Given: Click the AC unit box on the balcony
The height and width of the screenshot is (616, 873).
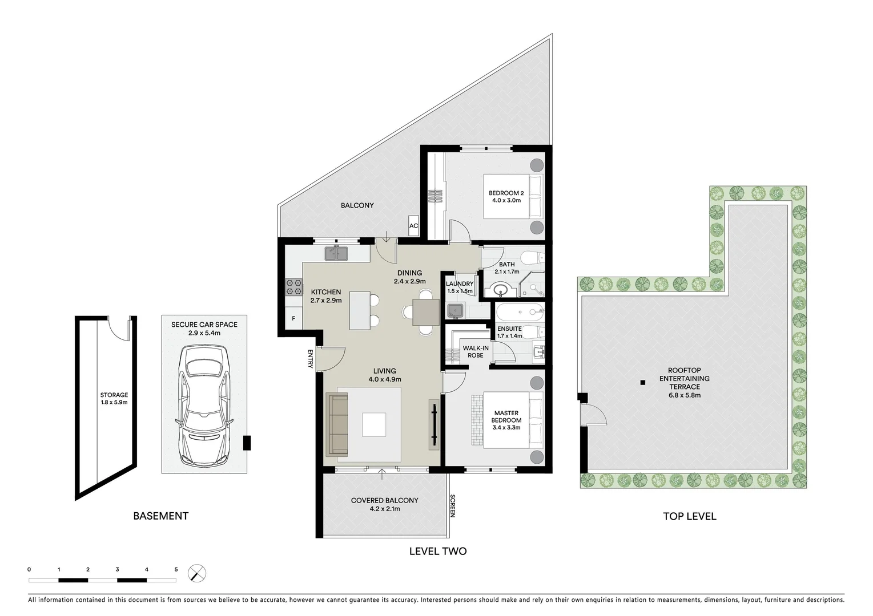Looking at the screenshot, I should pyautogui.click(x=413, y=225).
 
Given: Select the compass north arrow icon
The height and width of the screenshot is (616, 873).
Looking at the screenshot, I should pyautogui.click(x=197, y=573).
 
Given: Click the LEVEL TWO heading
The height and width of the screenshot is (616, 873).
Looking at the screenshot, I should pyautogui.click(x=438, y=551).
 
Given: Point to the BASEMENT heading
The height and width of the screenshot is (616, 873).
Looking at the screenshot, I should pyautogui.click(x=160, y=516).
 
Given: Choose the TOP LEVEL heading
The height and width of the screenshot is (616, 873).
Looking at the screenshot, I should pyautogui.click(x=689, y=516).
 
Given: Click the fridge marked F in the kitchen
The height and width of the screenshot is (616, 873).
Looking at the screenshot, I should pyautogui.click(x=293, y=318).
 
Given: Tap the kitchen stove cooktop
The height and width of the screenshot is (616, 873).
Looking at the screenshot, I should pyautogui.click(x=293, y=287).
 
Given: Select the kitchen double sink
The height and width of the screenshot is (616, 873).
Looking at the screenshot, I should pyautogui.click(x=336, y=253).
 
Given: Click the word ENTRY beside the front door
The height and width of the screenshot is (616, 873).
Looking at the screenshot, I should pyautogui.click(x=311, y=359).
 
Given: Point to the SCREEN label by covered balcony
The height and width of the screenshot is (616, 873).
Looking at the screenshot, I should pyautogui.click(x=452, y=505).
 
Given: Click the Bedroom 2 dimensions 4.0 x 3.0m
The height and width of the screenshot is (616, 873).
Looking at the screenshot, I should pyautogui.click(x=506, y=200).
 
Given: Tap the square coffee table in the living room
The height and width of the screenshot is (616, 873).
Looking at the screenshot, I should pyautogui.click(x=374, y=424).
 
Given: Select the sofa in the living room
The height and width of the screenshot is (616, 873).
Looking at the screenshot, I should pyautogui.click(x=337, y=424).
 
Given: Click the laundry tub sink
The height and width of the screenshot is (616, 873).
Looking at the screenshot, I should pyautogui.click(x=455, y=311).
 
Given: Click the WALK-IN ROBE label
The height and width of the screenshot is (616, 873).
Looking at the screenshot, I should pyautogui.click(x=475, y=351).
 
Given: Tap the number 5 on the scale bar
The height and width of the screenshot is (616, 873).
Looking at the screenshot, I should pyautogui.click(x=176, y=569).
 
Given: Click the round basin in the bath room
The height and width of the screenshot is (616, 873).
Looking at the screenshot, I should pyautogui.click(x=501, y=290).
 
